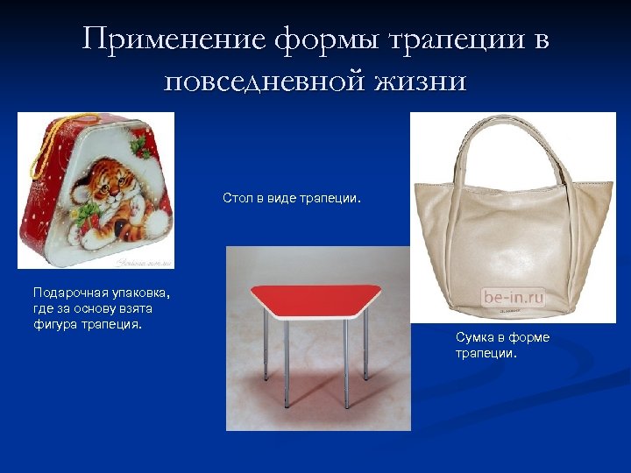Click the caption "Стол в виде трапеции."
tap(292, 199)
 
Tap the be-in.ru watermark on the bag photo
tap(513, 297)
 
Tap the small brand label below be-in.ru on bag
tap(512, 310)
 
